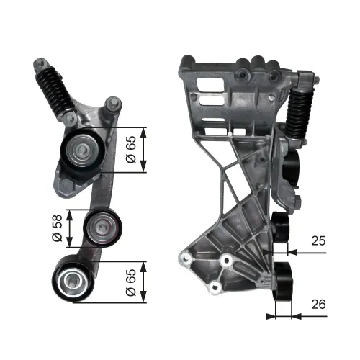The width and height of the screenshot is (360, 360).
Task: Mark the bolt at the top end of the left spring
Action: [x=37, y=67]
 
